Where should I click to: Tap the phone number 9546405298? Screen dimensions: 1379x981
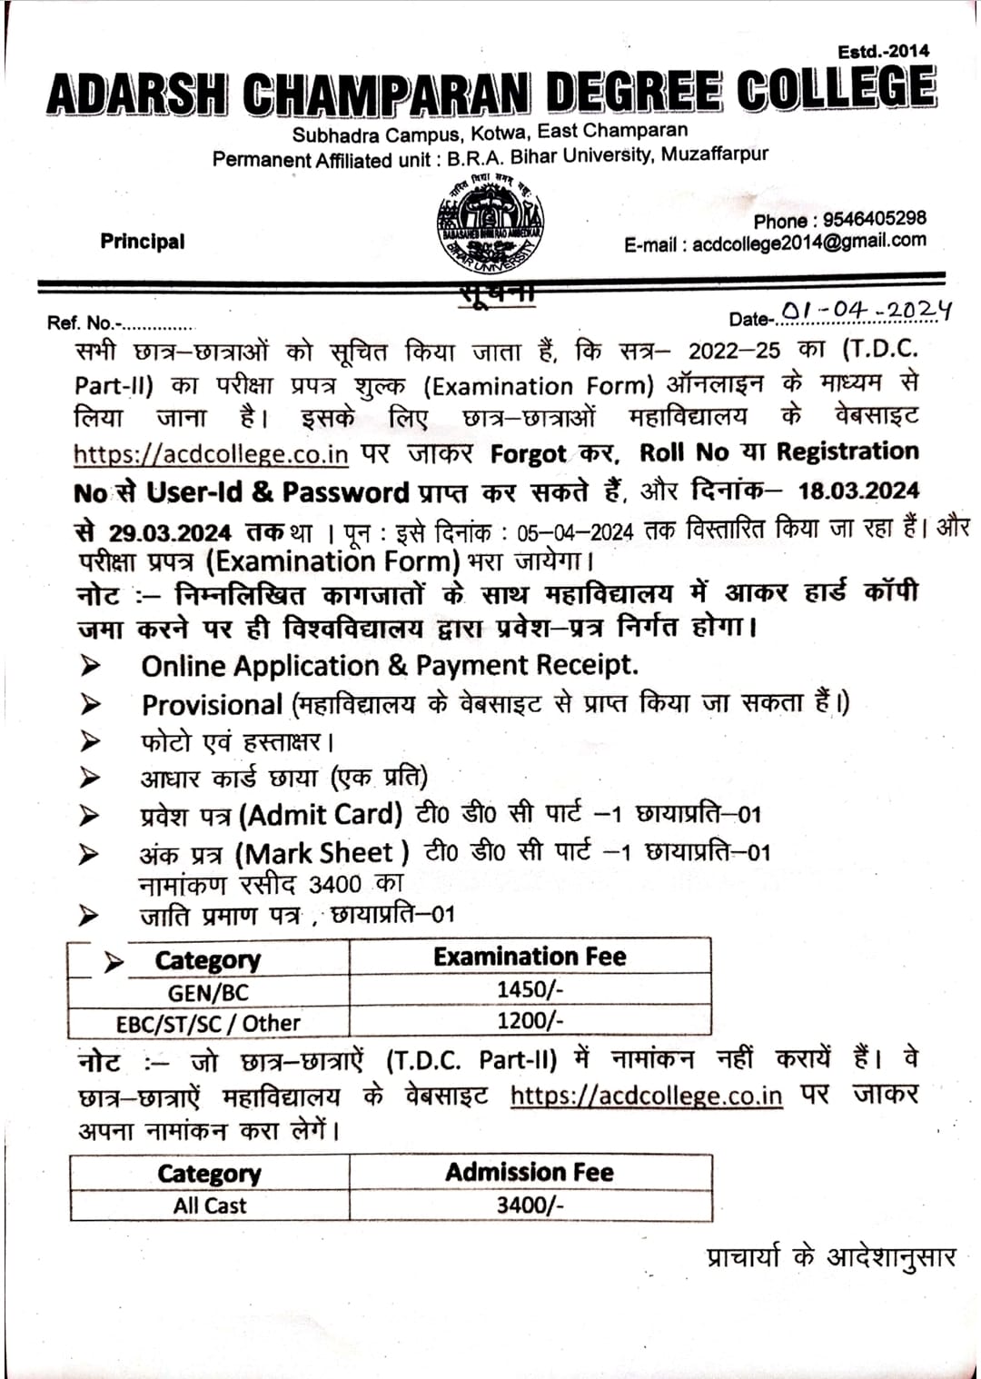click(874, 219)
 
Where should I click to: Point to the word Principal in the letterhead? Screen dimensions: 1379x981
click(143, 242)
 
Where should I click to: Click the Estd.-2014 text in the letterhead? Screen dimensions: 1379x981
click(884, 52)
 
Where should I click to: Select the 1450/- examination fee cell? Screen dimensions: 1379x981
click(530, 989)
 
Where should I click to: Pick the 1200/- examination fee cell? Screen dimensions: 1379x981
click(530, 1020)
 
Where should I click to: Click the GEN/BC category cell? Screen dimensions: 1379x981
click(208, 992)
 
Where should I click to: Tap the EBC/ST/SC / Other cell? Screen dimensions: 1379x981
click(208, 1023)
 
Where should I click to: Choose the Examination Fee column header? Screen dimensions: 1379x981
click(530, 957)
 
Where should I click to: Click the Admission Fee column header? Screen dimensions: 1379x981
click(530, 1172)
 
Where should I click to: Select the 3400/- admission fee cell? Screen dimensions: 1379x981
click(530, 1205)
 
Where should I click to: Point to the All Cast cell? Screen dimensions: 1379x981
click(210, 1205)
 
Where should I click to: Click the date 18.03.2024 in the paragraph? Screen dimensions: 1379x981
click(858, 491)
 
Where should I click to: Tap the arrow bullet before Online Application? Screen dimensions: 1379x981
click(90, 666)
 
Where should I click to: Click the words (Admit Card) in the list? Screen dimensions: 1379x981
click(321, 814)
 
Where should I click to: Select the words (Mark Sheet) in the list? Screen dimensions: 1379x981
click(322, 853)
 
